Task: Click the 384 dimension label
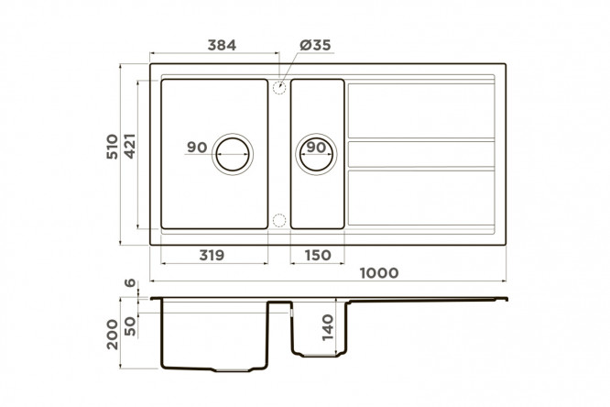[x=222, y=45]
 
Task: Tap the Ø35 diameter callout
[x=315, y=45]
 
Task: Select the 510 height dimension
[x=112, y=147]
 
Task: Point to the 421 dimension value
[x=129, y=146]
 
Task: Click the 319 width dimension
[x=212, y=255]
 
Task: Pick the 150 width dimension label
[x=318, y=255]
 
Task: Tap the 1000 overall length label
[x=379, y=272]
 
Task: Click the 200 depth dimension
[x=112, y=335]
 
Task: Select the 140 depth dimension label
[x=328, y=327]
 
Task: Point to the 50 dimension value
[x=130, y=326]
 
